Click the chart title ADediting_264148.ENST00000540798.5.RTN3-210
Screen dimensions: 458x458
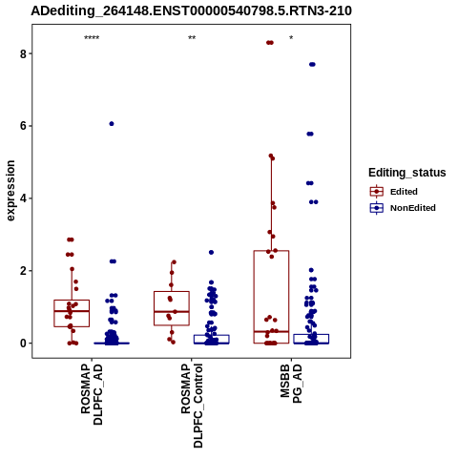191,10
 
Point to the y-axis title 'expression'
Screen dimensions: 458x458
10,191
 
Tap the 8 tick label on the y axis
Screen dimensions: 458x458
23,53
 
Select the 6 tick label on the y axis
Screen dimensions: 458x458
23,126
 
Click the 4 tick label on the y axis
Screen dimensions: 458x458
23,198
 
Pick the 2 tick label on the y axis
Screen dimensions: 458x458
23,271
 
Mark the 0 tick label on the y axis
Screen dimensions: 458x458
23,343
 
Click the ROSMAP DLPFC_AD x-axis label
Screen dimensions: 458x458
92,394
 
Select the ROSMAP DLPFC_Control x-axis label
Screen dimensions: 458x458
192,406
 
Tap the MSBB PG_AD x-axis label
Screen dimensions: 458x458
291,384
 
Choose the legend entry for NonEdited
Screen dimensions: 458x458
403,208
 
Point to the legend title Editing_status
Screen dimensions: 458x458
407,173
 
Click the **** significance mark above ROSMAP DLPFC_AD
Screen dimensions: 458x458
92,38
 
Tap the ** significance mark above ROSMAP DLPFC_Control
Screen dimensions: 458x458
192,38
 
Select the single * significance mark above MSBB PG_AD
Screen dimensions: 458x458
291,38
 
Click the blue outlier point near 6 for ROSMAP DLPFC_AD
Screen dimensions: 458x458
112,124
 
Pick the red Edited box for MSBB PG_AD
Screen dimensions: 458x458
271,251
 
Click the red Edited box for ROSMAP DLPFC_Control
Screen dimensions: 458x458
172,291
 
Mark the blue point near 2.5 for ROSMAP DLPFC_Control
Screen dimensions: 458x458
211,252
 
